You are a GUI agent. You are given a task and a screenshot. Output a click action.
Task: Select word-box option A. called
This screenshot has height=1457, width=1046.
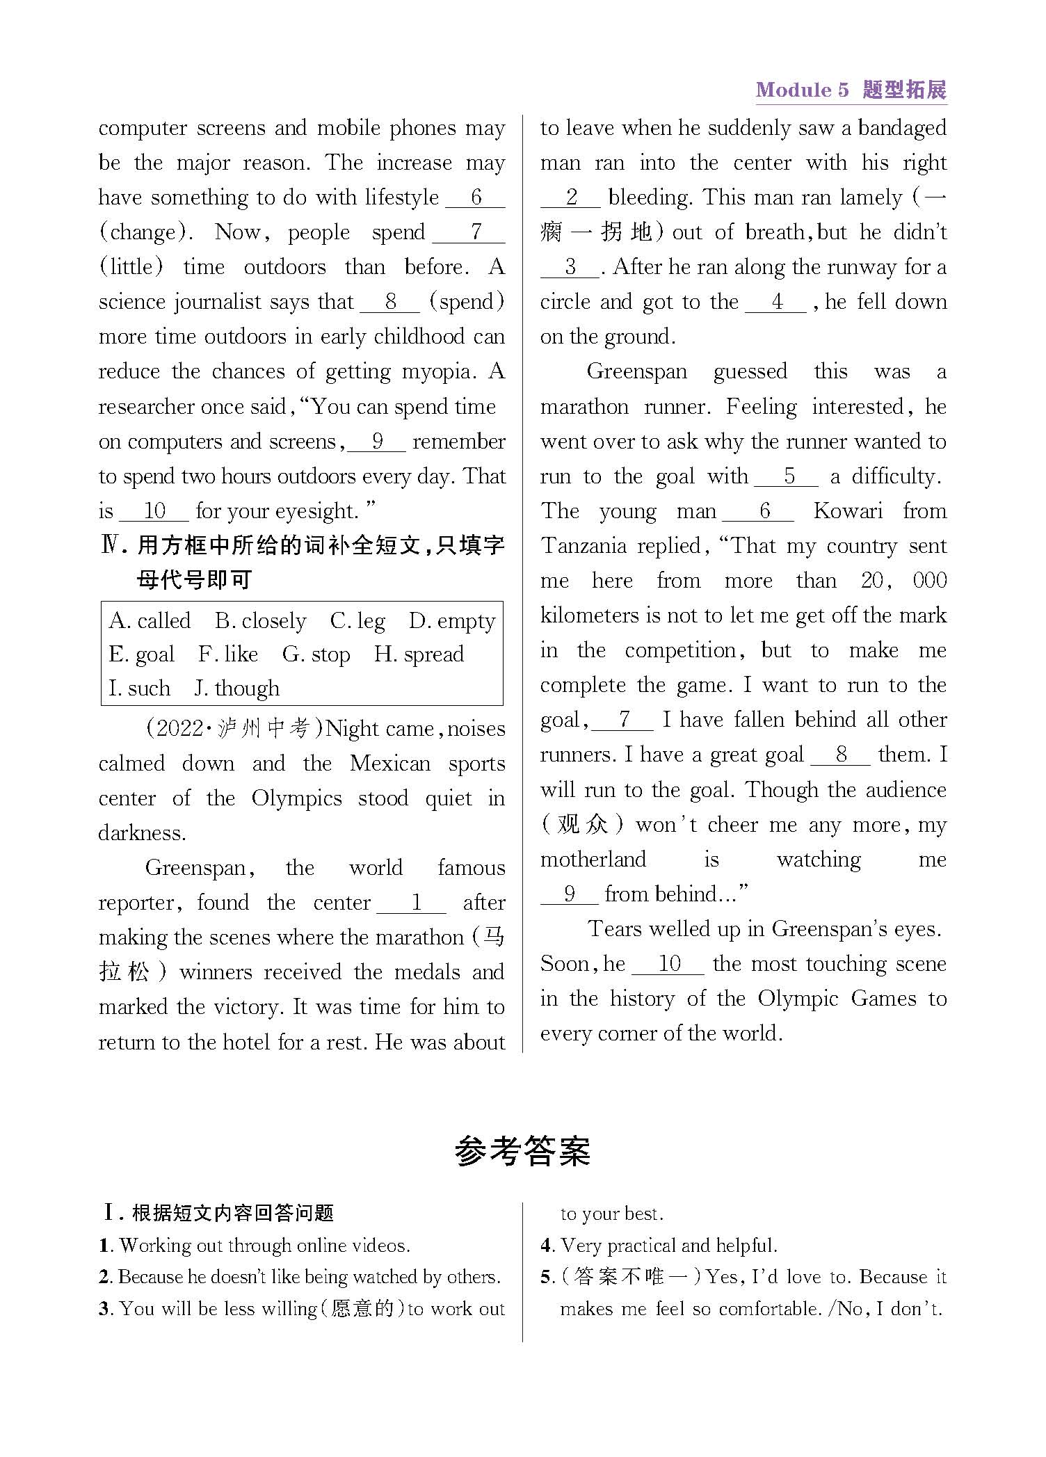point(150,620)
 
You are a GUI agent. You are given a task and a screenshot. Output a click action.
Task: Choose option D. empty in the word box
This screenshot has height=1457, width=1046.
point(452,620)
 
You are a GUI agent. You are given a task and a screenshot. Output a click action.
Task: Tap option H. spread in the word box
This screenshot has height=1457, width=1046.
point(419,654)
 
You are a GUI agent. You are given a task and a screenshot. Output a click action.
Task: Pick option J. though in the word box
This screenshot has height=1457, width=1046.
point(237,689)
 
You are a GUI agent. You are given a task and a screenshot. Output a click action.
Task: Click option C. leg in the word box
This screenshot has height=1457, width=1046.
point(357,620)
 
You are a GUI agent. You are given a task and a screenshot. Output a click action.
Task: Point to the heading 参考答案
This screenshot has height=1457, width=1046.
point(522,1151)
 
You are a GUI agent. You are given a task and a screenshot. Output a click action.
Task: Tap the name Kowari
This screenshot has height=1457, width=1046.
point(848,511)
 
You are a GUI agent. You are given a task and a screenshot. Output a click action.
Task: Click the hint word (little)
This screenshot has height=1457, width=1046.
point(131,267)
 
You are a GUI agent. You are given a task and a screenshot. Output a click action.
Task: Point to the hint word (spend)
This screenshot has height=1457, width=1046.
point(467,302)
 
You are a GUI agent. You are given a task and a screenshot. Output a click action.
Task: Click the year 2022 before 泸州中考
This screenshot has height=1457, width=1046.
point(180,729)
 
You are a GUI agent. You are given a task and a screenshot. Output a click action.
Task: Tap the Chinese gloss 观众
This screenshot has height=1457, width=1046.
point(584,825)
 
